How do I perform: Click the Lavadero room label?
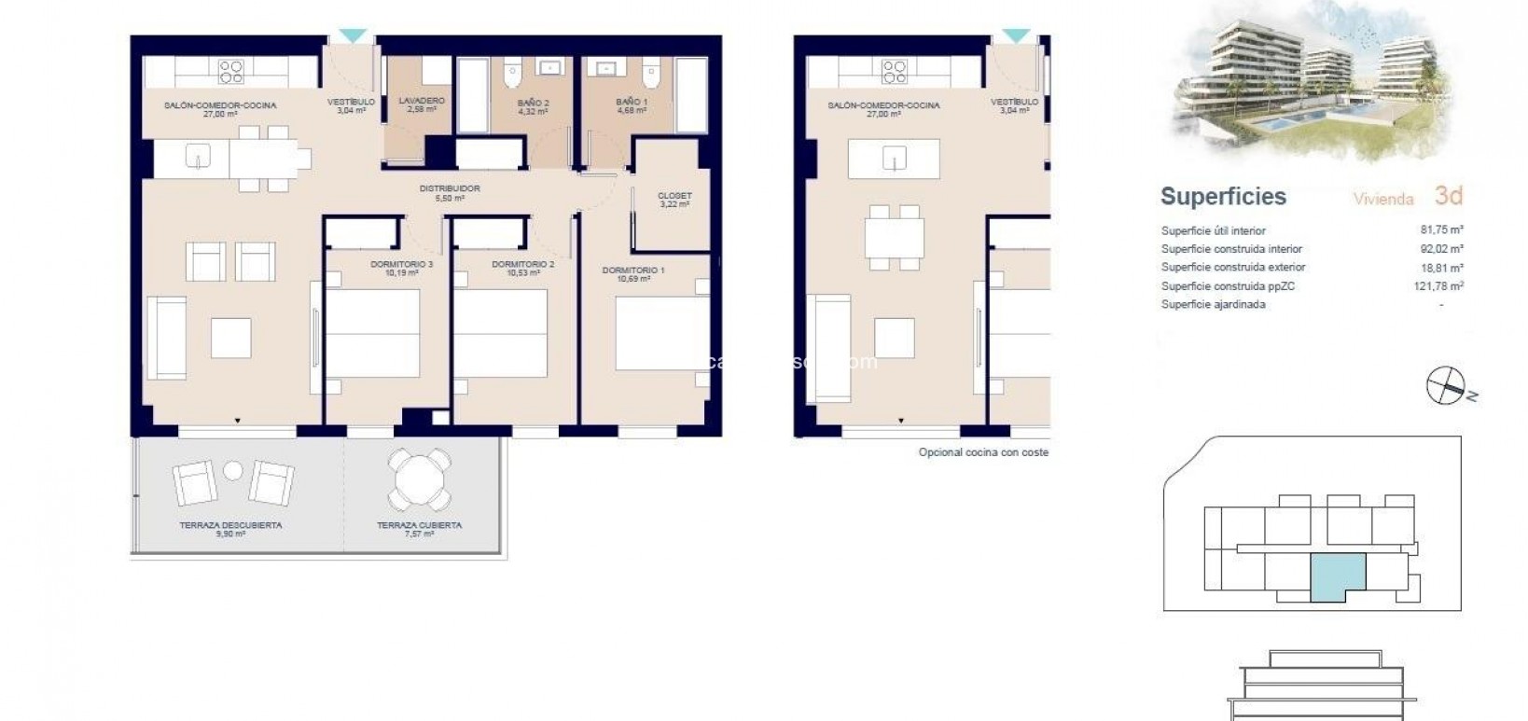(422, 101)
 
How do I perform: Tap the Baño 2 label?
(533, 103)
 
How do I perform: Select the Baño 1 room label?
(632, 102)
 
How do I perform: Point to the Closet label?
(674, 196)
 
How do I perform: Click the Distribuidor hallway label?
(450, 189)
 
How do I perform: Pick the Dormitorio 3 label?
(401, 265)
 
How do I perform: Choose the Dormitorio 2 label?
(523, 265)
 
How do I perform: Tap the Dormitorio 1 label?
(633, 270)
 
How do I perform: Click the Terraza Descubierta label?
(230, 525)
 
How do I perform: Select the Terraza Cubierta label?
(419, 525)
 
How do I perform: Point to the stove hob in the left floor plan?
(230, 71)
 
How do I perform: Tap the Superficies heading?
(1223, 197)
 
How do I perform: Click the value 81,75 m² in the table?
(1439, 230)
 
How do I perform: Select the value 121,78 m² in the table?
(1438, 286)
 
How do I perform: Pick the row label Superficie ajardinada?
(1213, 305)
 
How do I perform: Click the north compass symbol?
(1445, 386)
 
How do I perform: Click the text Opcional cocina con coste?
(983, 452)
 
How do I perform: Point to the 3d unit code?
(1448, 196)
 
